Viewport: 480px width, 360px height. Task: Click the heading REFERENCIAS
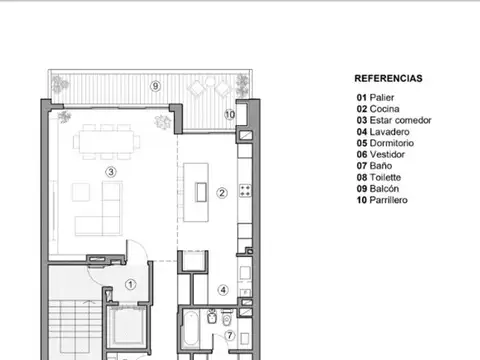tap(388, 78)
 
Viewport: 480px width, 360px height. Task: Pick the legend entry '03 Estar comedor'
tap(394, 120)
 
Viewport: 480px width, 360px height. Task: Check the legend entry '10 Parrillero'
tap(385, 200)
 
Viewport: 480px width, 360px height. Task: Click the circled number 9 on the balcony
tap(155, 86)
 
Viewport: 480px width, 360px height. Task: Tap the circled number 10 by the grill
tap(230, 114)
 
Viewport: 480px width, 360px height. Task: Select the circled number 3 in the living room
tap(111, 171)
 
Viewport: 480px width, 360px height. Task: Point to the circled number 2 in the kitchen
tap(222, 193)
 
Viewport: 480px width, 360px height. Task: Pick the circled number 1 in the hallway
tap(130, 284)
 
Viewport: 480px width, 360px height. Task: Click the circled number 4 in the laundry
tap(224, 290)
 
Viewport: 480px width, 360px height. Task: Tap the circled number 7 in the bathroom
tap(229, 335)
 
